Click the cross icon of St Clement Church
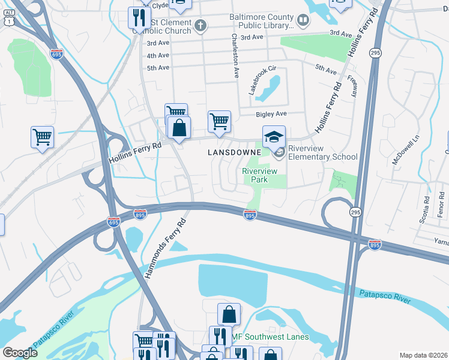click(200, 26)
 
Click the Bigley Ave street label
click(272, 113)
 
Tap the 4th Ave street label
click(158, 55)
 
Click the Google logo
click(20, 353)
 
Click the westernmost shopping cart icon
click(42, 137)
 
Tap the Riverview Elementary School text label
click(322, 152)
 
